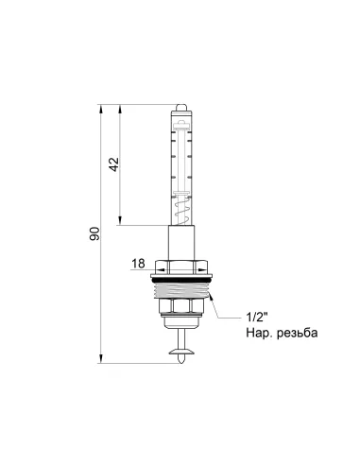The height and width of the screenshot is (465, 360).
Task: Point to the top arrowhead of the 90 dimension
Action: click(x=101, y=107)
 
